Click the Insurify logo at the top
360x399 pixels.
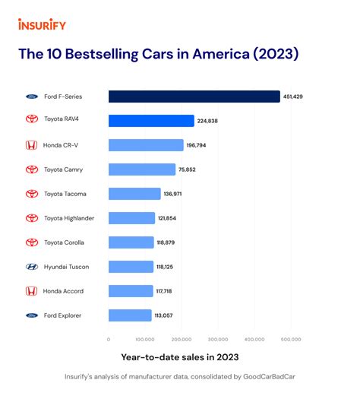pyautogui.click(x=42, y=24)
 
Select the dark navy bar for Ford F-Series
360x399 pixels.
pyautogui.click(x=194, y=97)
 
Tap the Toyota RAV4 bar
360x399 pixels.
pyautogui.click(x=151, y=121)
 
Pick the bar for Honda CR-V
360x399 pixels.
pyautogui.click(x=146, y=145)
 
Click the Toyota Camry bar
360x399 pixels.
pyautogui.click(x=141, y=169)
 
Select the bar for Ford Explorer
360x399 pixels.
pyautogui.click(x=130, y=315)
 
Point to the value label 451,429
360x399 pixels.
pyautogui.click(x=293, y=97)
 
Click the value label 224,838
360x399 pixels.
pyautogui.click(x=208, y=121)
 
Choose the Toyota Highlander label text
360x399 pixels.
pyautogui.click(x=69, y=218)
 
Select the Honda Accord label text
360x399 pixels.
pyautogui.click(x=64, y=291)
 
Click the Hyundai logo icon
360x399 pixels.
pyautogui.click(x=31, y=267)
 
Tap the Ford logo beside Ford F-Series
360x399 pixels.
pyautogui.click(x=31, y=97)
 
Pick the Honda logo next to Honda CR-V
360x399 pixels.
pyautogui.click(x=31, y=145)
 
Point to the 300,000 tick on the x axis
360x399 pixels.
pyautogui.click(x=218, y=339)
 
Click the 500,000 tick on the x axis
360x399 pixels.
pyautogui.click(x=291, y=339)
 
